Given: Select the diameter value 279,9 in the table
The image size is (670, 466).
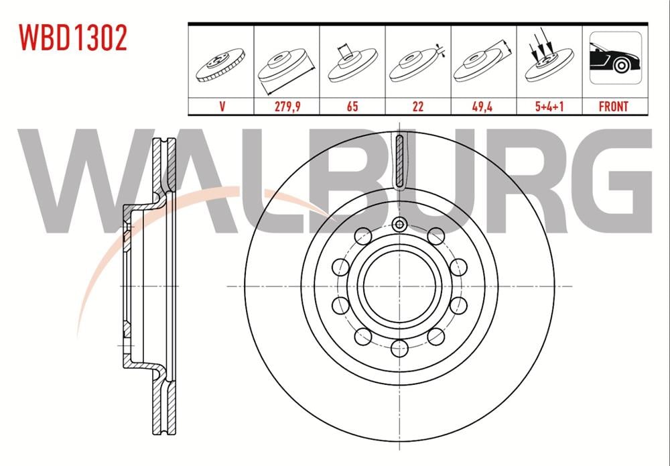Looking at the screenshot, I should point(287,106).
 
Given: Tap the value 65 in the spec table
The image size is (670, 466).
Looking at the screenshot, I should point(352,106).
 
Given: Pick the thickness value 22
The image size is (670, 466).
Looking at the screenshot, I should point(417,106).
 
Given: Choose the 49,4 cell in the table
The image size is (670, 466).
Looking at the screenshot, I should point(483,106).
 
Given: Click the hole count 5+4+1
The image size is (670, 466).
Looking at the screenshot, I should point(549,106).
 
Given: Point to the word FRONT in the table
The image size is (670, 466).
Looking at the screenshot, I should point(613,106).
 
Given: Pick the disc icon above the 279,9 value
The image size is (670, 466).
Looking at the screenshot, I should point(287,67).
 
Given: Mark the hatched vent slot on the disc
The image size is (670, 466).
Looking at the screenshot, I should point(400,161).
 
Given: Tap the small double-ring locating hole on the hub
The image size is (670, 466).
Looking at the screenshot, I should point(400,225).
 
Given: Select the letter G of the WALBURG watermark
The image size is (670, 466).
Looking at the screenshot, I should point(616,181).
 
